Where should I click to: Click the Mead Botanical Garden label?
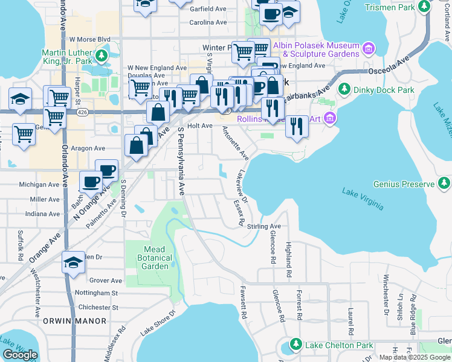[x=158, y=258]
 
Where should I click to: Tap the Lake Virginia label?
[x=363, y=199]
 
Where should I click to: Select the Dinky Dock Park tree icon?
[x=344, y=90]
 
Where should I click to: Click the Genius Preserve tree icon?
[x=444, y=183]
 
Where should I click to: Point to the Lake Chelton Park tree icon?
[x=296, y=345]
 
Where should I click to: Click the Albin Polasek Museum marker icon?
[x=367, y=47]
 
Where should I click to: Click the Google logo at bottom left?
[x=20, y=355]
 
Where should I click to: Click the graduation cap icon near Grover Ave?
[x=73, y=262]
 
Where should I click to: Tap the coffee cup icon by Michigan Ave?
[x=91, y=181]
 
